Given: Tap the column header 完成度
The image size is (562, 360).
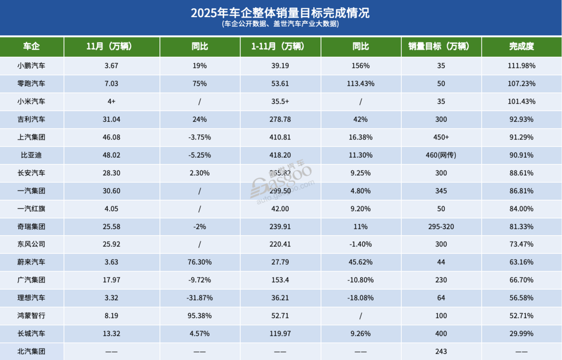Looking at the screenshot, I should coord(521,46).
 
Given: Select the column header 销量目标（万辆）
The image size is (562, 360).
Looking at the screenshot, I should coord(441,46).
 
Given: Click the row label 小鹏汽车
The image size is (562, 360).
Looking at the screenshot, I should coord(32,66).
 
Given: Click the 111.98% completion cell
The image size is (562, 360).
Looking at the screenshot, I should coord(521,66).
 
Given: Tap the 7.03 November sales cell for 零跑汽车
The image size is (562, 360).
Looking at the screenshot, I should coord(112,83).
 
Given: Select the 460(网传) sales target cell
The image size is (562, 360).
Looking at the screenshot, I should coord(441,155).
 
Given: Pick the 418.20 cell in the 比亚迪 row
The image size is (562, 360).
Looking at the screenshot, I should coord(280,155).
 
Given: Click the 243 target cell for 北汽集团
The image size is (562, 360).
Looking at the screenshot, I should coord(441,351).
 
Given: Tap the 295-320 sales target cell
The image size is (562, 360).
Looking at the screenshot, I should coord(441,226).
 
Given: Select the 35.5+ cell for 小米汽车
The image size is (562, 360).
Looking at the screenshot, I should coord(280,101).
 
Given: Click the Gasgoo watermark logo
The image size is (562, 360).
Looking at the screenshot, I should coord(284,182).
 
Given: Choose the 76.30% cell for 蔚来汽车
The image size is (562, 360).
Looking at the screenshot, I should coord(200,262).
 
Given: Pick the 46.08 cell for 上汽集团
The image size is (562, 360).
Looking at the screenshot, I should coord(112,137).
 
